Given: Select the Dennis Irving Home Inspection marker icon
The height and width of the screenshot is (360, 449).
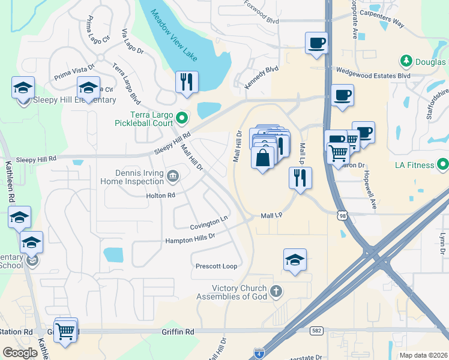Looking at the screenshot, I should [x=173, y=176].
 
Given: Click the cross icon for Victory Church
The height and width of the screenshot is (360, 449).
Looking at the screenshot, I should [x=276, y=292].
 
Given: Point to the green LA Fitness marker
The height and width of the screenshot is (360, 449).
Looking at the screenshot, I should [x=443, y=164].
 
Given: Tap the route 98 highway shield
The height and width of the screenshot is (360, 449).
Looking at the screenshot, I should [x=342, y=215].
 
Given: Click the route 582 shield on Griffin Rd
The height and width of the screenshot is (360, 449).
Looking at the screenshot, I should [x=316, y=331].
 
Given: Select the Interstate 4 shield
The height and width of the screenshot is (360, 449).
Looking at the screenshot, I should [x=259, y=352].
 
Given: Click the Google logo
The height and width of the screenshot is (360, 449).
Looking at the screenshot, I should [x=20, y=353].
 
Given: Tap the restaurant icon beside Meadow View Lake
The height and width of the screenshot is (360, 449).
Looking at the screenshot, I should [x=187, y=82].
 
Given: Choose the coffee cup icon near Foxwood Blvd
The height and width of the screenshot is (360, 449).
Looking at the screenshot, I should [x=316, y=43].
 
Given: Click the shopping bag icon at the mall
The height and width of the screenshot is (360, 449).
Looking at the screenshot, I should [x=263, y=159].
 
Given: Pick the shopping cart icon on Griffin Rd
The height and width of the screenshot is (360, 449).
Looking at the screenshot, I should [x=65, y=331].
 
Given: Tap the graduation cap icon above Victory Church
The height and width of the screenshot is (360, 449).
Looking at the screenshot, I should [x=295, y=260].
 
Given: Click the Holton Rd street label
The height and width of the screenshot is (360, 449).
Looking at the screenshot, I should [x=160, y=196].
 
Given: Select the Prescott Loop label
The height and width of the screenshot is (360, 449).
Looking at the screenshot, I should [x=216, y=266].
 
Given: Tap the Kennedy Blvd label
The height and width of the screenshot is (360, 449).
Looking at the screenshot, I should [x=262, y=78].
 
